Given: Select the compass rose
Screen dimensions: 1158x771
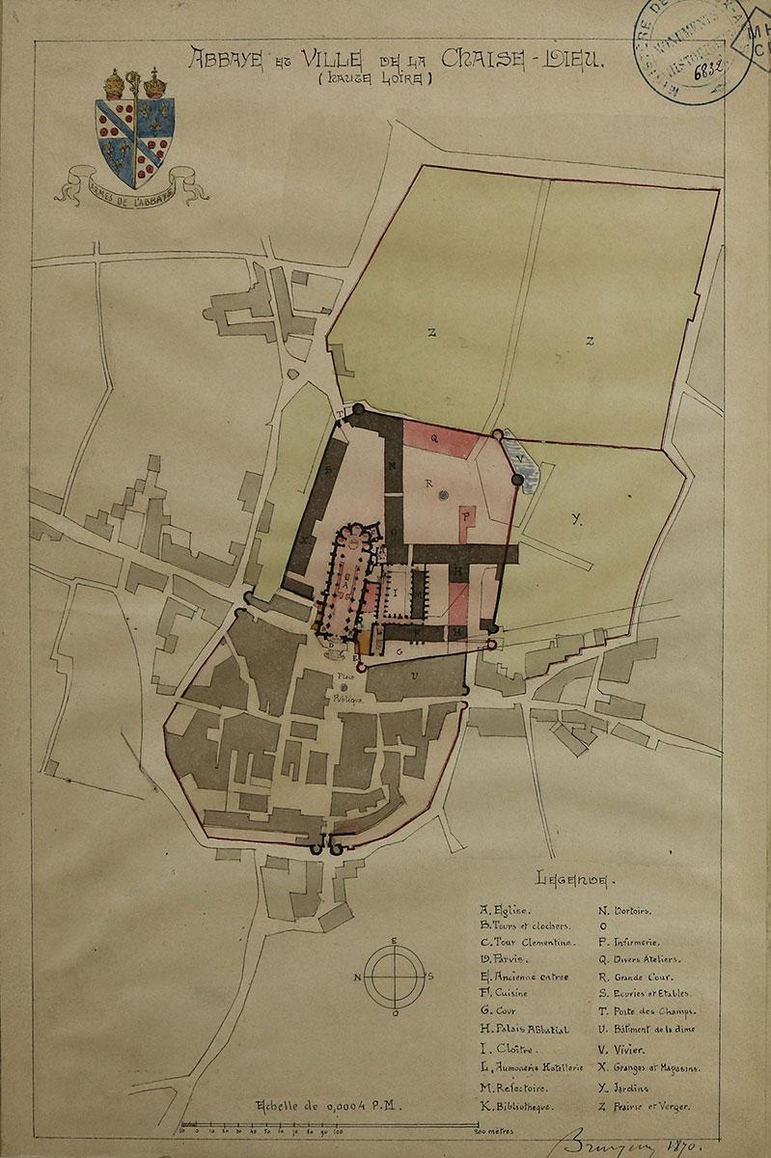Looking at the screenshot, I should click(394, 976).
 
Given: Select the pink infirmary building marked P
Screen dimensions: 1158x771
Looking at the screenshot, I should click(468, 520).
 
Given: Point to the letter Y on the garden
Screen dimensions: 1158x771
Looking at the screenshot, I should click(576, 519).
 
